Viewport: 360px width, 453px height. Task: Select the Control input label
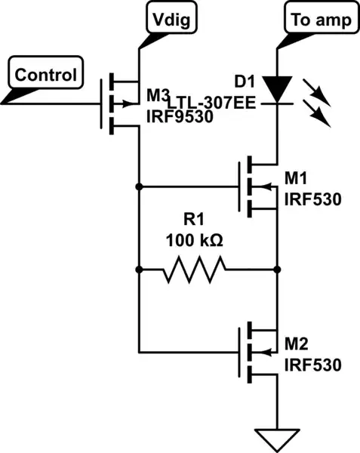[46, 75]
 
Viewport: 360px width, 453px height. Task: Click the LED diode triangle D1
[278, 89]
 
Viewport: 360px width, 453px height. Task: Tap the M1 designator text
[296, 177]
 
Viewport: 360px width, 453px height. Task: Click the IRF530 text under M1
[310, 201]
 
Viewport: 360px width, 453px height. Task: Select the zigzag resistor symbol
[195, 268]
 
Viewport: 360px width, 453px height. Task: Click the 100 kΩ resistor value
[195, 244]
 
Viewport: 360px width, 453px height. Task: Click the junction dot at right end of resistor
[278, 269]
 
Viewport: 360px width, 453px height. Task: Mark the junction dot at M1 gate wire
[140, 186]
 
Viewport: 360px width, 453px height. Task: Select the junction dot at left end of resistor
[140, 269]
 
